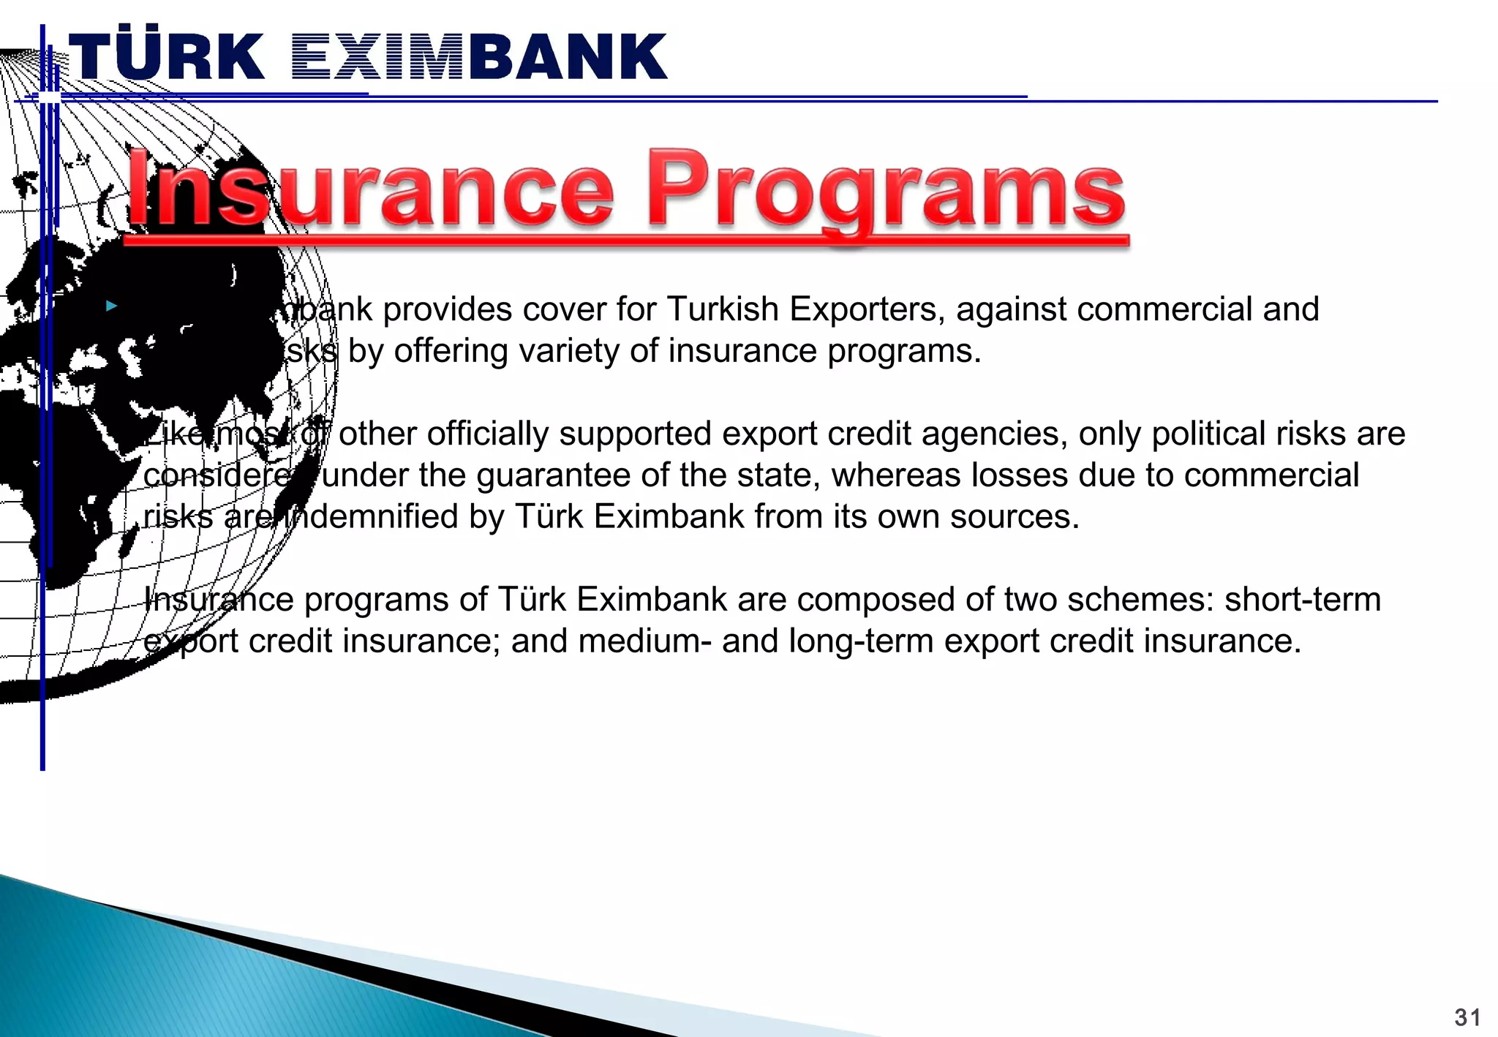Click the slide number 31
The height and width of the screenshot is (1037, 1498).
[x=1467, y=1017]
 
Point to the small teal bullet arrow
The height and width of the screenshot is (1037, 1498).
[x=111, y=306]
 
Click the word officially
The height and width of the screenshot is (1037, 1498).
[x=487, y=434]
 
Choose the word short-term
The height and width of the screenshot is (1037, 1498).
[x=1303, y=600]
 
